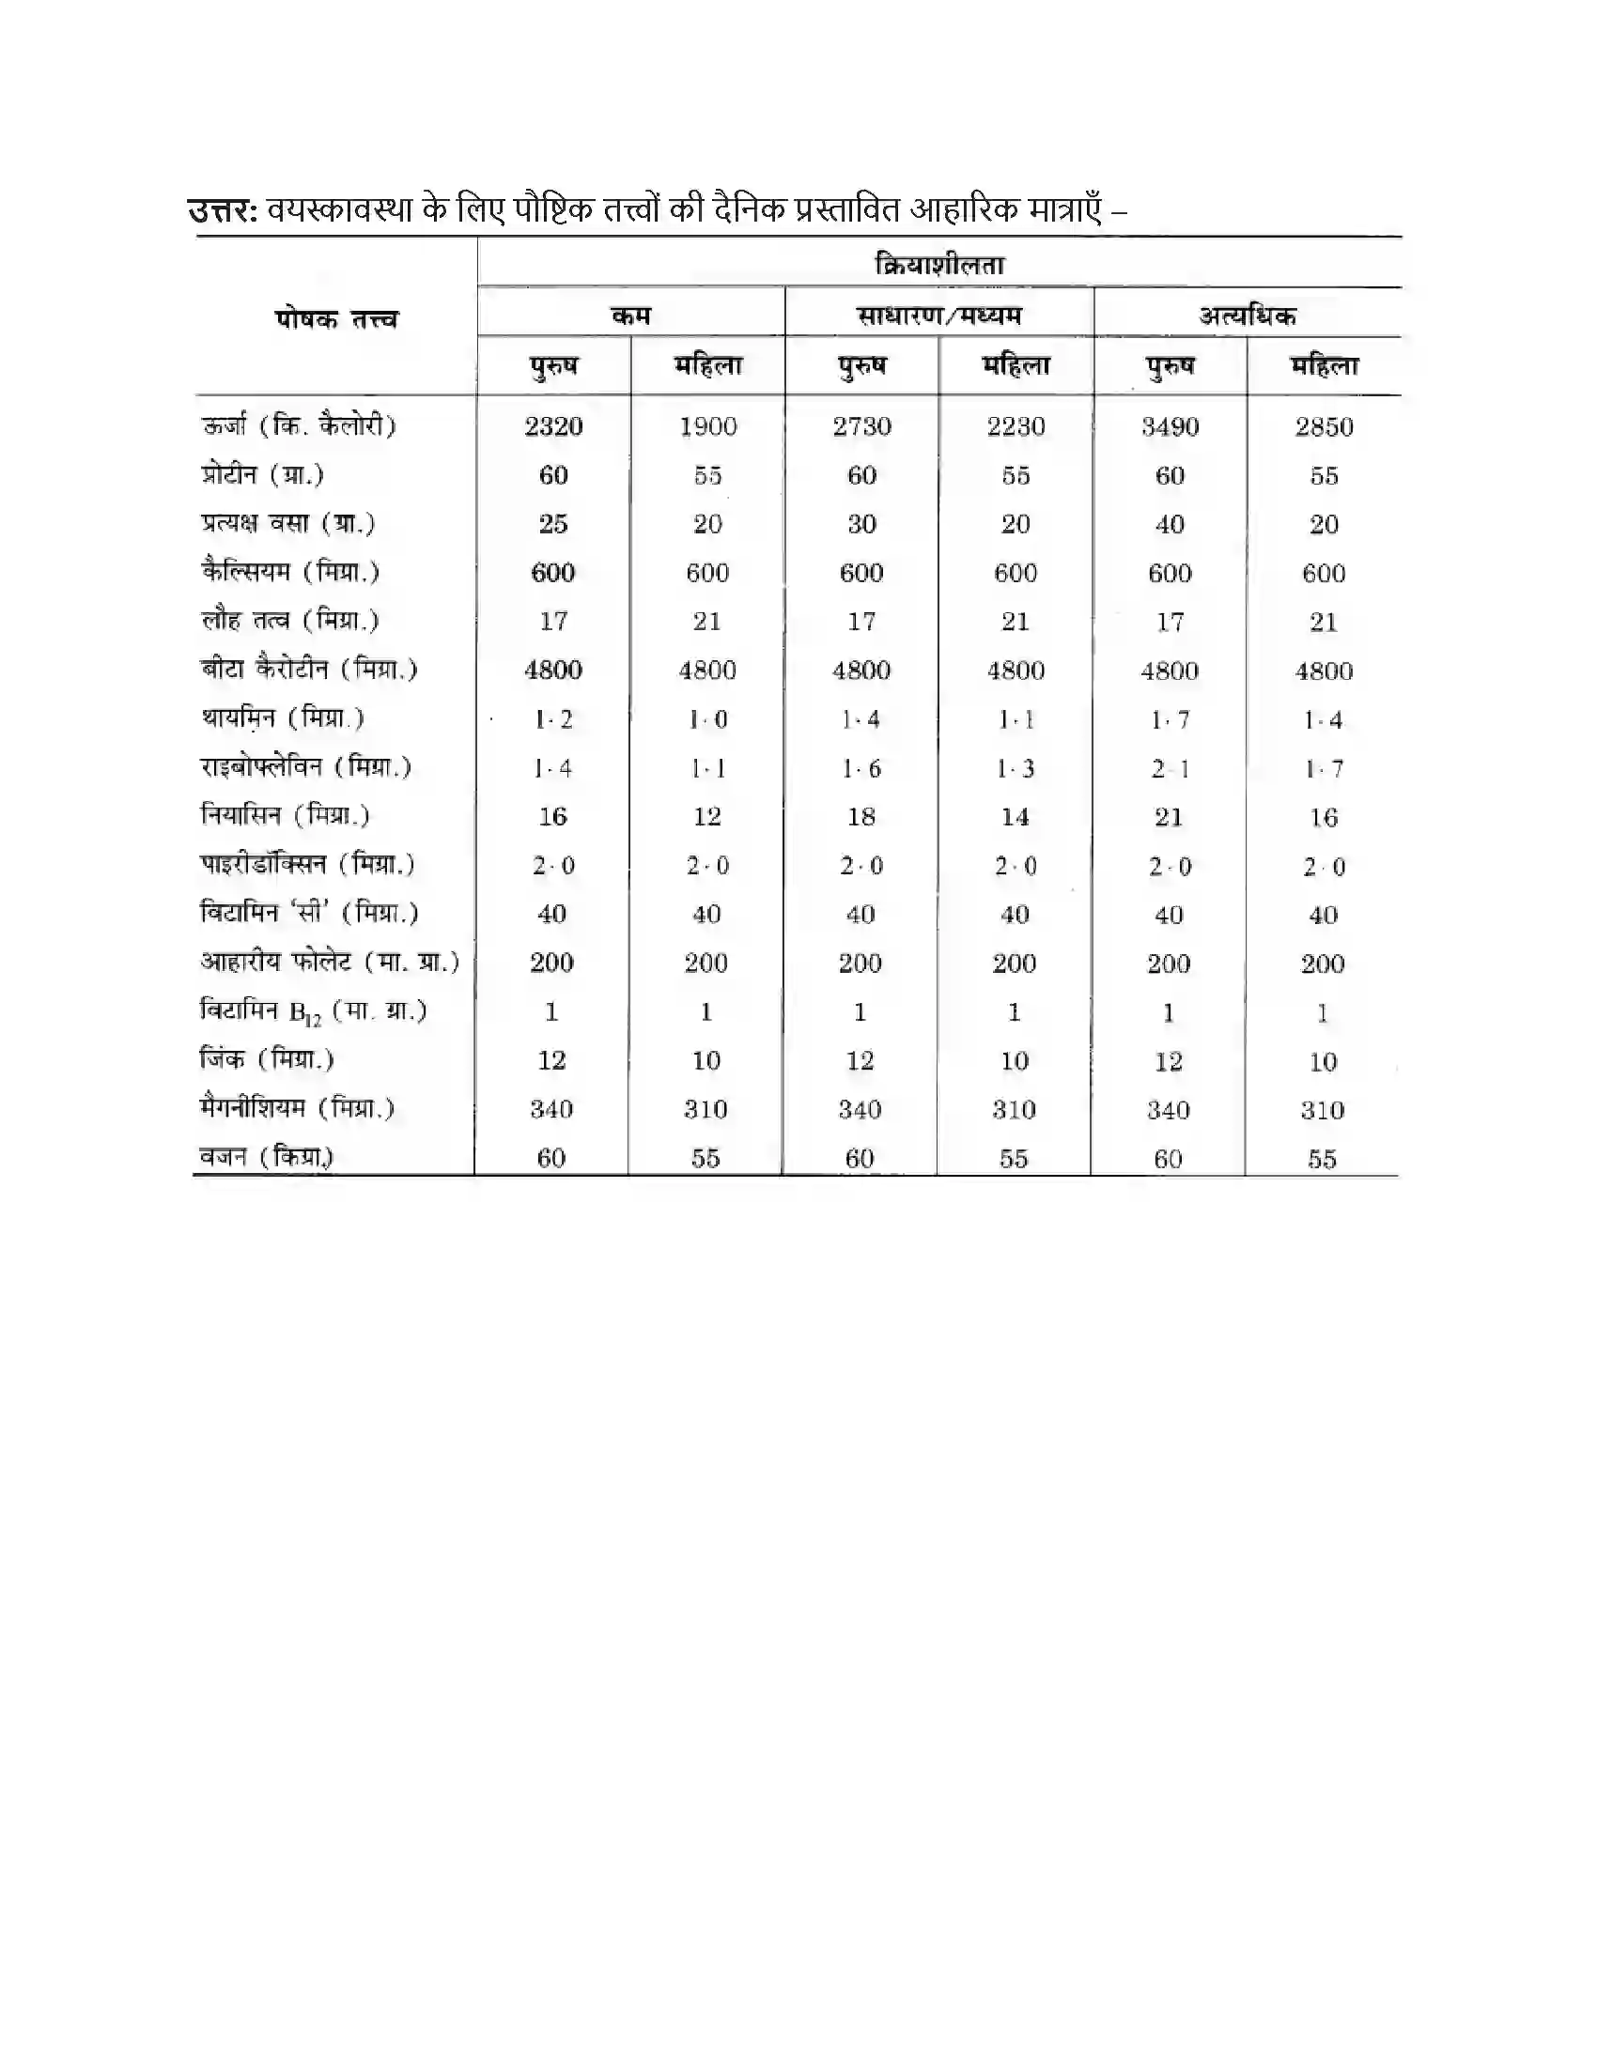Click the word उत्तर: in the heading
(224, 210)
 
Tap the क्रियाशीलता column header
(939, 265)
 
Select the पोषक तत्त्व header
(336, 318)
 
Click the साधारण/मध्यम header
(939, 316)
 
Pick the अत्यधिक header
(1247, 316)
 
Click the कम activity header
(631, 316)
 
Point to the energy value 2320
(553, 426)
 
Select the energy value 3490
(1170, 426)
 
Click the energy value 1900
(707, 426)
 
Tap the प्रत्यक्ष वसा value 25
(553, 524)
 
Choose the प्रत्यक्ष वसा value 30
(861, 524)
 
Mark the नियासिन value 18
(861, 816)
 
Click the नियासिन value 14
(1016, 816)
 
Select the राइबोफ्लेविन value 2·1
(1170, 768)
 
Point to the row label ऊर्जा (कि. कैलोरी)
(298, 425)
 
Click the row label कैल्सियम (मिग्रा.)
(289, 571)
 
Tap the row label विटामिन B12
(313, 1011)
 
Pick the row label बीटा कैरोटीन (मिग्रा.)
(308, 670)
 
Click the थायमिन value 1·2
(553, 719)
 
